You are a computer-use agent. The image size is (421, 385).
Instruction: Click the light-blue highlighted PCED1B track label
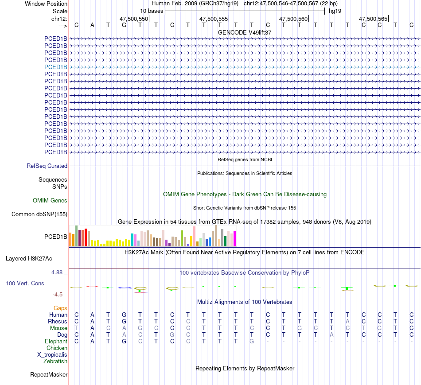tap(56, 67)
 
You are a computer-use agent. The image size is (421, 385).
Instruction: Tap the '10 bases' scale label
tap(152, 11)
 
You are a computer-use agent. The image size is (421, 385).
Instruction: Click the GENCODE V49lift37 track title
tap(245, 32)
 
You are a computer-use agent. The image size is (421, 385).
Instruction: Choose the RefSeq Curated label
tap(47, 166)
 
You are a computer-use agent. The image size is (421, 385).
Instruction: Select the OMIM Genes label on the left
tap(50, 200)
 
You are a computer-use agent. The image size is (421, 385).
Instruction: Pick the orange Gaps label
tap(60, 308)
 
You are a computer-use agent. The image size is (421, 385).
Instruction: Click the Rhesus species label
tap(58, 321)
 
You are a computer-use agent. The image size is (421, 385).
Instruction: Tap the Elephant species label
tap(56, 341)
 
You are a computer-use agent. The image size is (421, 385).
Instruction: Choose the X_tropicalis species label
tap(52, 354)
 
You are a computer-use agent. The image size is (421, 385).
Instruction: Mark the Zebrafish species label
tap(55, 361)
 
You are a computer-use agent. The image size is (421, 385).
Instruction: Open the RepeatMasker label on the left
tap(49, 375)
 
